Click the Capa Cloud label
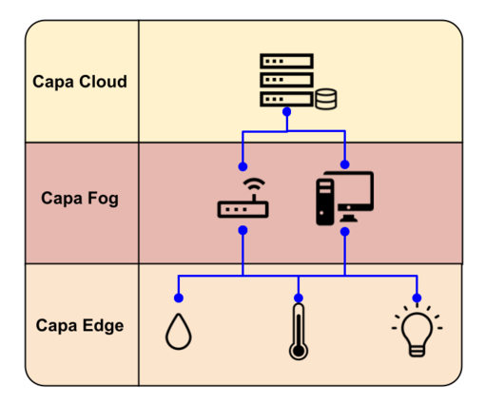pyautogui.click(x=80, y=82)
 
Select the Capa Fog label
pyautogui.click(x=80, y=199)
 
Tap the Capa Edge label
pyautogui.click(x=80, y=326)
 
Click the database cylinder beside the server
pyautogui.click(x=326, y=99)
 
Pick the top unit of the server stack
pyautogui.click(x=287, y=61)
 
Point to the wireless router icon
pyautogui.click(x=243, y=198)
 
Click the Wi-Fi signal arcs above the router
pyautogui.click(x=254, y=184)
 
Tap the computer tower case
pyautogui.click(x=325, y=202)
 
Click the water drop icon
pyautogui.click(x=179, y=332)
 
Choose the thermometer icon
pyautogui.click(x=299, y=332)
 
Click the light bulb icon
pyautogui.click(x=417, y=331)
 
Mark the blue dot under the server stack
pyautogui.click(x=287, y=111)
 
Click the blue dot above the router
pyautogui.click(x=242, y=166)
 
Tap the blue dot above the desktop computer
pyautogui.click(x=345, y=164)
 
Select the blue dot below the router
pyautogui.click(x=242, y=230)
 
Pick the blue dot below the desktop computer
pyautogui.click(x=345, y=232)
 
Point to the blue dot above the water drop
pyautogui.click(x=179, y=298)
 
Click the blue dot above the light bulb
pyautogui.click(x=417, y=298)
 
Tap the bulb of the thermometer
pyautogui.click(x=299, y=351)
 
